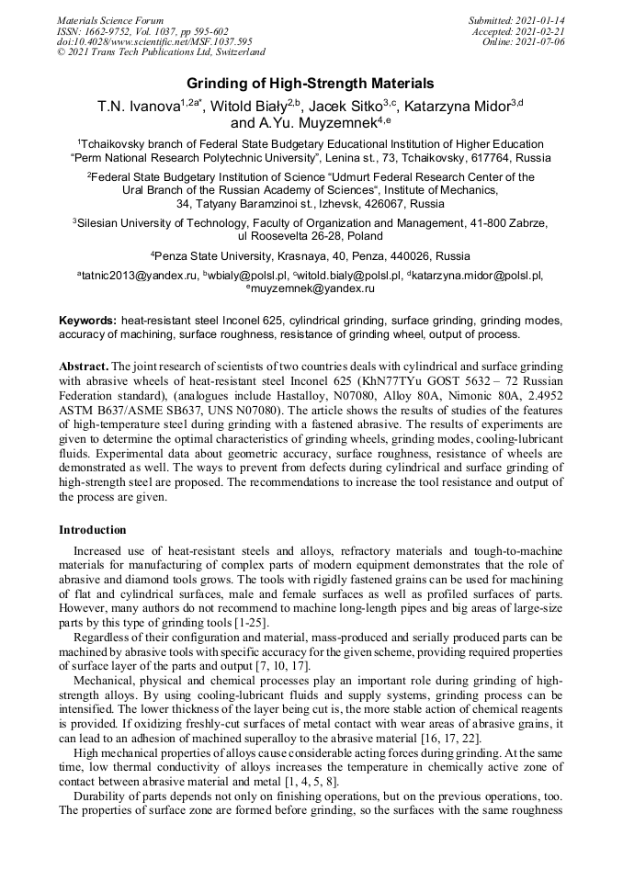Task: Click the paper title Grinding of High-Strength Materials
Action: tap(311, 84)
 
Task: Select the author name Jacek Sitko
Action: tap(344, 107)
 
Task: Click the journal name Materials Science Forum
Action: tap(110, 21)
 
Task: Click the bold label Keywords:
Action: tap(88, 321)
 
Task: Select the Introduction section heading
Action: tap(92, 530)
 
